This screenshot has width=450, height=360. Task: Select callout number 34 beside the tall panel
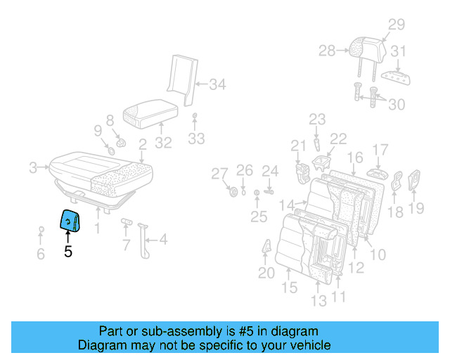click(x=218, y=85)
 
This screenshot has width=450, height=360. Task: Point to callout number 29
click(x=397, y=25)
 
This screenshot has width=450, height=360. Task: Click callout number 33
click(x=196, y=139)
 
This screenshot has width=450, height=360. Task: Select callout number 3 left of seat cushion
click(x=32, y=167)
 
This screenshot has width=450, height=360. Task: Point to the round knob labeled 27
click(x=233, y=192)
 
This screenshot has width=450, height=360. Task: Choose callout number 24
click(x=271, y=170)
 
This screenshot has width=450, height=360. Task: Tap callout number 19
click(x=416, y=207)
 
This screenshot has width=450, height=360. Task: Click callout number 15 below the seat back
click(x=289, y=288)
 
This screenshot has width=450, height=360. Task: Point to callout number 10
click(x=377, y=254)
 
